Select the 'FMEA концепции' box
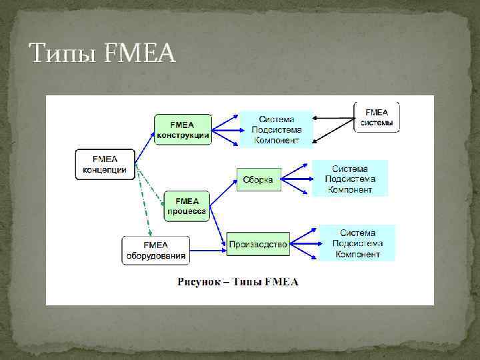click(x=105, y=163)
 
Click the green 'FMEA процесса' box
click(x=187, y=206)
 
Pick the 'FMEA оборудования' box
click(x=155, y=250)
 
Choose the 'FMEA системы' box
click(x=377, y=118)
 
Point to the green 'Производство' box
click(x=258, y=245)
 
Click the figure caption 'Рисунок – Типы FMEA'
click(x=238, y=282)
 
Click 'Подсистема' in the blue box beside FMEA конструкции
click(x=276, y=130)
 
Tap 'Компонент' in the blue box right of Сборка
click(x=349, y=189)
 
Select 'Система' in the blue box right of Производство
click(x=358, y=233)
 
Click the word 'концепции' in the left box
click(x=105, y=169)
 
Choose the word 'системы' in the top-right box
click(x=377, y=123)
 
